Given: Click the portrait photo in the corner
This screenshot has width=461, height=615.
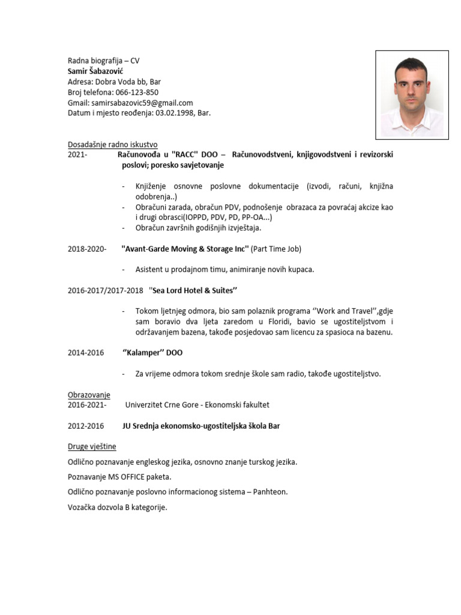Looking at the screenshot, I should click(411, 94).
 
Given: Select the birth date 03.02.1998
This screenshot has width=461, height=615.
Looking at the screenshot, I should click(174, 113).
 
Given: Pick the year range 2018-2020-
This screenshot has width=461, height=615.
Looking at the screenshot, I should click(87, 249).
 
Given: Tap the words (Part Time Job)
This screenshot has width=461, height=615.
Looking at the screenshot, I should click(276, 249).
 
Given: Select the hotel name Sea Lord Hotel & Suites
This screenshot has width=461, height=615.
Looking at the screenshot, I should click(193, 291).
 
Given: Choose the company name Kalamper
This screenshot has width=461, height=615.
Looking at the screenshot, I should click(143, 353).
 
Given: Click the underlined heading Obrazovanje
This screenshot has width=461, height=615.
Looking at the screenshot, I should click(89, 395).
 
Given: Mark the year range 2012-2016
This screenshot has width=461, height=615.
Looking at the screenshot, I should click(86, 426).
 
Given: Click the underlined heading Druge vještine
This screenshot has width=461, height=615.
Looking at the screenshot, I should click(92, 447).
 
